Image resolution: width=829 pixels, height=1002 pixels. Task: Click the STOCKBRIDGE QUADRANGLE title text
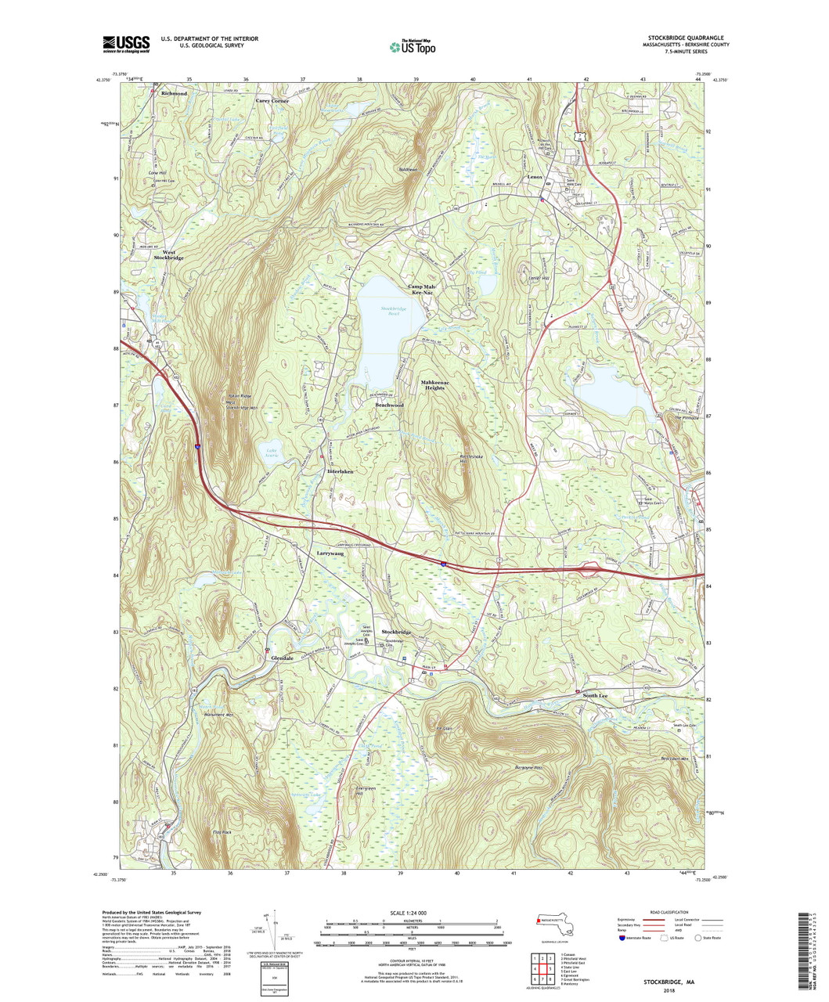click(x=685, y=38)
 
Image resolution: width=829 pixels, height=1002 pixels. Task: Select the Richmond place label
click(x=174, y=93)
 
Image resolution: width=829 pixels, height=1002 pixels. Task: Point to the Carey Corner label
click(x=272, y=101)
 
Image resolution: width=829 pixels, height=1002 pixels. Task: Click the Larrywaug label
click(x=330, y=553)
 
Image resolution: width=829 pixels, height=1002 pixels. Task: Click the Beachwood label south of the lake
click(x=389, y=405)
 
